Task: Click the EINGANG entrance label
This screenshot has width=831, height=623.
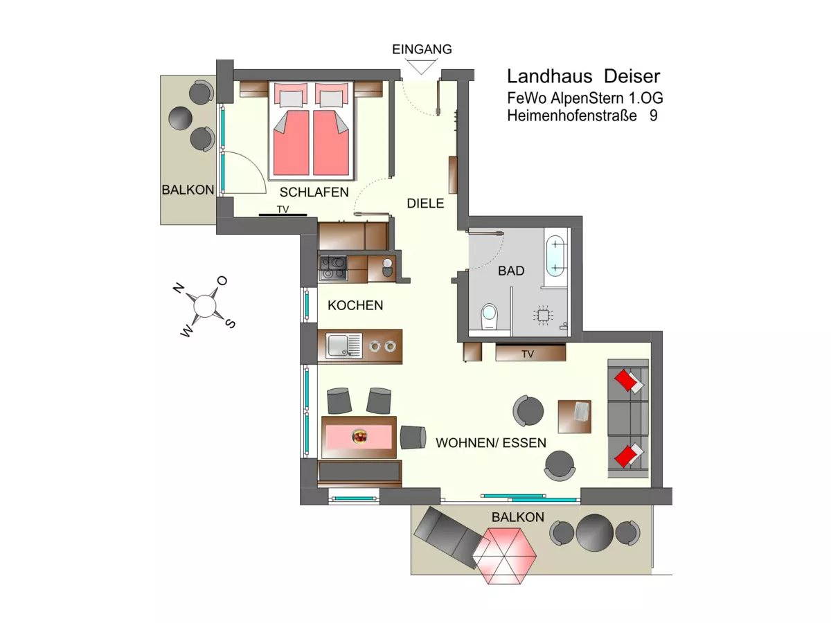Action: tap(422, 49)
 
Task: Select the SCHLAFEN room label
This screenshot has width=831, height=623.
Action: tap(314, 192)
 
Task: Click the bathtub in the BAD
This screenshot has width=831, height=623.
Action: tap(555, 257)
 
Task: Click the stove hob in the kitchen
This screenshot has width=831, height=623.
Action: tap(332, 267)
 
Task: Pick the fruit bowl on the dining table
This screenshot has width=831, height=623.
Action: tap(359, 436)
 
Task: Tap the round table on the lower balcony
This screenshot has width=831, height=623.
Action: tap(594, 532)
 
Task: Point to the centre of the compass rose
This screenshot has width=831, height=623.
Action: tap(205, 305)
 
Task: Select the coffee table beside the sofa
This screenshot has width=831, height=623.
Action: tap(575, 416)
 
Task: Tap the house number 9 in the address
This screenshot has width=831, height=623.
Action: tap(653, 116)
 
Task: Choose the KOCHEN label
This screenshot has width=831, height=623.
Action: tap(355, 305)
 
